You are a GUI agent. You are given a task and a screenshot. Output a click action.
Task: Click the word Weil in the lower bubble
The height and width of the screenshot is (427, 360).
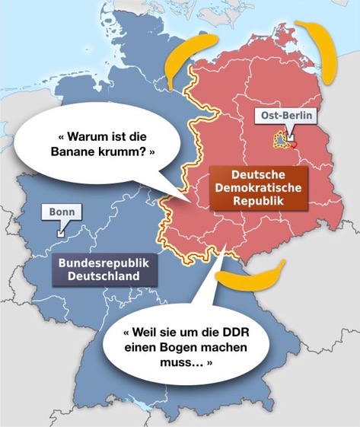point(144,332)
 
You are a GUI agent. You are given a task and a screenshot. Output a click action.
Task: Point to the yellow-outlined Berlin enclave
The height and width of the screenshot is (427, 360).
point(280,141)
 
